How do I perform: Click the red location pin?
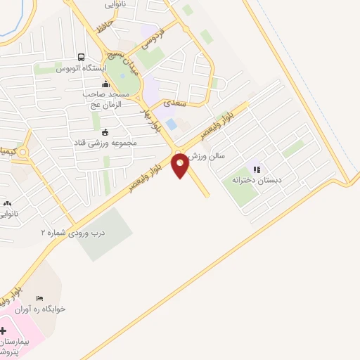[x=181, y=166]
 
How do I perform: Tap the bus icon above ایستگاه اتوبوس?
[x=82, y=58]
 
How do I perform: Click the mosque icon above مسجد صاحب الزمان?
[x=105, y=84]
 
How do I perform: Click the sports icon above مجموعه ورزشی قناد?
[x=105, y=131]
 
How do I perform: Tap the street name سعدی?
[x=172, y=103]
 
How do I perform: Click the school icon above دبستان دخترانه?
[x=257, y=169]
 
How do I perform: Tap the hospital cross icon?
[x=3, y=330]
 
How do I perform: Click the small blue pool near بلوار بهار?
[x=172, y=124]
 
